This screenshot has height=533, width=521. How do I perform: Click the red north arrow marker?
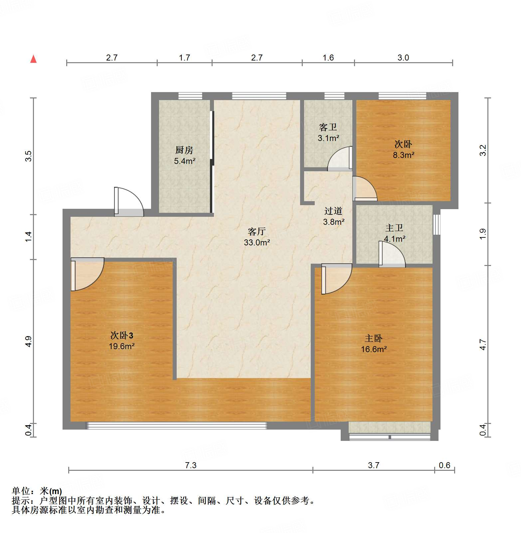pos(33,59)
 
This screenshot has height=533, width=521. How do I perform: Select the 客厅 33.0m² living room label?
pos(257,237)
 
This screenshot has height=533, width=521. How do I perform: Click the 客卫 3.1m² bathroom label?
pos(328,132)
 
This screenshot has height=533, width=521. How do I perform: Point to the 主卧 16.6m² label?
pos(374,343)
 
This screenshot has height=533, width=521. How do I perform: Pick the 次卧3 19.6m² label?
pos(122,340)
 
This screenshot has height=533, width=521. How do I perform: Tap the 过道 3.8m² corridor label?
pos(333,216)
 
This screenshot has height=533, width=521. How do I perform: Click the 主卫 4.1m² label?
pos(394,233)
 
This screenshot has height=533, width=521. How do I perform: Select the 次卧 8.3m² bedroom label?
pos(403,149)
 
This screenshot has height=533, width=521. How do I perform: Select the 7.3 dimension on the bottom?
pos(191,465)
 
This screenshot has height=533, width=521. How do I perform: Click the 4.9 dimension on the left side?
pos(29,341)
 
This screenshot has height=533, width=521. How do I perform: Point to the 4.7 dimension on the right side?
pos(483,344)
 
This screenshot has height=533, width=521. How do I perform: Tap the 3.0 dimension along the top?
pos(403,58)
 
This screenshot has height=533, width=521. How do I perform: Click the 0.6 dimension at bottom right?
pos(444,465)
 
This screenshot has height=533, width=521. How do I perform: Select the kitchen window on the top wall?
pos(190,96)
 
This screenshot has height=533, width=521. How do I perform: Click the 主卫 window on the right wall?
pos(437,225)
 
